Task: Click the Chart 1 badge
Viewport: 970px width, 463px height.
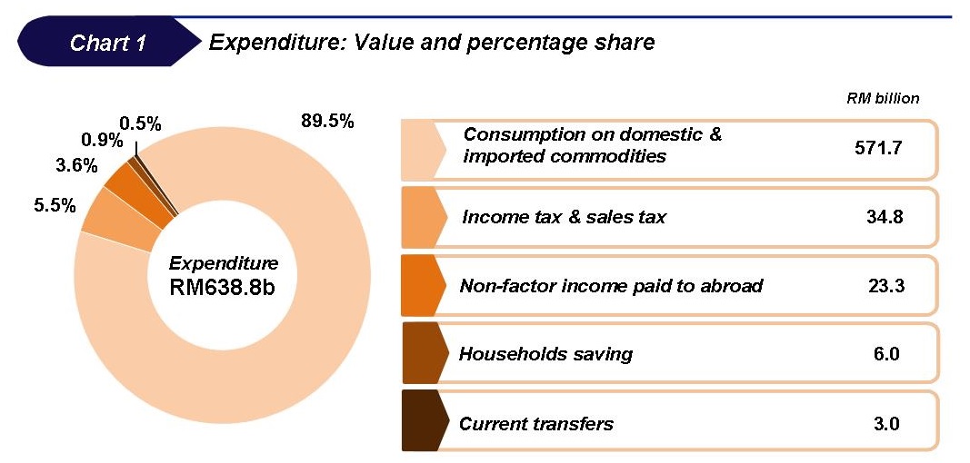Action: coord(107,43)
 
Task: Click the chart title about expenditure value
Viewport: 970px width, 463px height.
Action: coord(431,42)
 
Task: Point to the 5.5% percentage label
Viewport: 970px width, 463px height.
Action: coord(55,206)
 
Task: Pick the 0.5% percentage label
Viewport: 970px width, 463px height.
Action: coord(139,123)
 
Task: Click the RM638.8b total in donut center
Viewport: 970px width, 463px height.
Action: coord(223,287)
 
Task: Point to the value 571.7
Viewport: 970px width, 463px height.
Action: coord(878,146)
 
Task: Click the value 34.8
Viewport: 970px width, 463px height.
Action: coord(881,217)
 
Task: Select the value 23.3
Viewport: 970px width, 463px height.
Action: coord(881,285)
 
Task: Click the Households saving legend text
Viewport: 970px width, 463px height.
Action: coord(545,353)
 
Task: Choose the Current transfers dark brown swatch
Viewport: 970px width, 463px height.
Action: coord(423,422)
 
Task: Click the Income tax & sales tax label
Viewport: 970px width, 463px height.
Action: coord(564,217)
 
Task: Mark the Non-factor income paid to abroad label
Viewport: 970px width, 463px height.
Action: coord(611,285)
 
